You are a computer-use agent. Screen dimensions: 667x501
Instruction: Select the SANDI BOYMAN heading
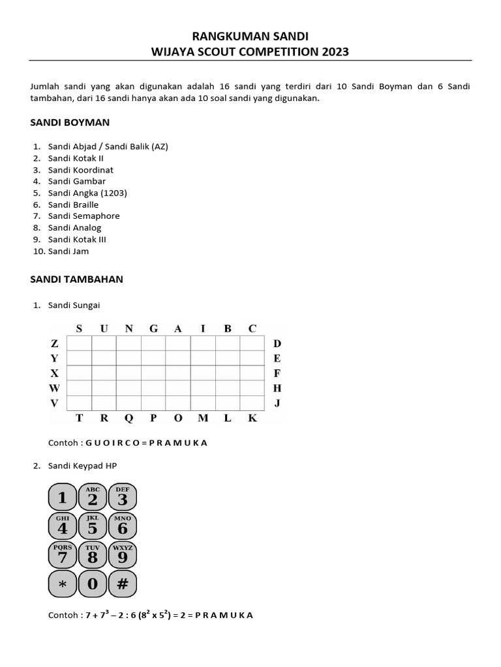70,122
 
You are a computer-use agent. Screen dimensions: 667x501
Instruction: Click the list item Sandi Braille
73,205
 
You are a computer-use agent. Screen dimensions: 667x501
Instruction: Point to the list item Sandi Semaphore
83,216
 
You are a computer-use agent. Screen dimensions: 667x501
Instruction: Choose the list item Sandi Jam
68,251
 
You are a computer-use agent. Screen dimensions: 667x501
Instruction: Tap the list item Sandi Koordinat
80,169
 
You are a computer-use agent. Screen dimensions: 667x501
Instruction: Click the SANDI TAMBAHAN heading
77,279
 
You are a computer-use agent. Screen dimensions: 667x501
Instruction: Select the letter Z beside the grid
54,343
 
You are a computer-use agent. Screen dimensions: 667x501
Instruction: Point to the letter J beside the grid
277,403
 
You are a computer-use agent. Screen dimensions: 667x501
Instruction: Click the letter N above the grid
129,328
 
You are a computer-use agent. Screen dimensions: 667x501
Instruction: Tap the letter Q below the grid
129,418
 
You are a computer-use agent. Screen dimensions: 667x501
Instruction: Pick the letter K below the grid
252,418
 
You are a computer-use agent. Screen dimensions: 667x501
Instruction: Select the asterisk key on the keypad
63,584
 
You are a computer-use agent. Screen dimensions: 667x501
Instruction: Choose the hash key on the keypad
123,584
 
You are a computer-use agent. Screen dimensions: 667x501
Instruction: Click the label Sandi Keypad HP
83,465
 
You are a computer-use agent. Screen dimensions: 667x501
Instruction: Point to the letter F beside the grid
277,373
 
